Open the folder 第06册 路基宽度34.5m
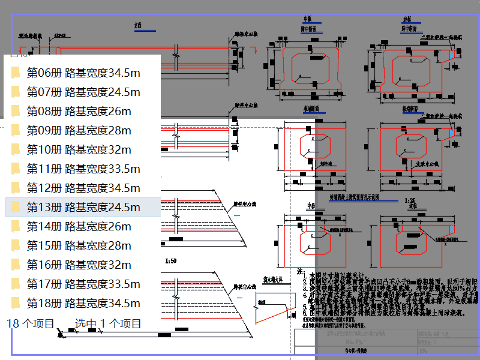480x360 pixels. tap(83, 73)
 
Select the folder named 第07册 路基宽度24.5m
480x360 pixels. tap(83, 92)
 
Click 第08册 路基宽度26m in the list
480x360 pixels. tap(79, 111)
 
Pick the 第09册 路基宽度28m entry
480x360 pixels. tap(79, 130)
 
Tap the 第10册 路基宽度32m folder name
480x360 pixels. tap(79, 149)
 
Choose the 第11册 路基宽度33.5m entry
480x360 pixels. tap(83, 169)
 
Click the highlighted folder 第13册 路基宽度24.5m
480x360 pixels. tap(83, 207)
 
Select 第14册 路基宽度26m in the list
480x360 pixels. tap(79, 226)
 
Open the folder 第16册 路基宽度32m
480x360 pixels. tap(79, 265)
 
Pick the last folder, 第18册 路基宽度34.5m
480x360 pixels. tap(83, 303)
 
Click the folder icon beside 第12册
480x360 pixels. tap(16, 188)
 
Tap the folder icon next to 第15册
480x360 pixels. tap(16, 245)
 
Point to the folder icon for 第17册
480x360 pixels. tap(16, 284)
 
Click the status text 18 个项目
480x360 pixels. tap(30, 323)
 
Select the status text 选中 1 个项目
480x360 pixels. tap(108, 323)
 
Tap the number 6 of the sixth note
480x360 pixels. tap(305, 312)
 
